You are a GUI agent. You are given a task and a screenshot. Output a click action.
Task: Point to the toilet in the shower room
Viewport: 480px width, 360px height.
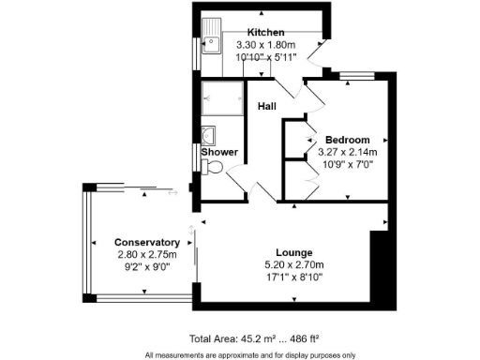(x=212, y=169)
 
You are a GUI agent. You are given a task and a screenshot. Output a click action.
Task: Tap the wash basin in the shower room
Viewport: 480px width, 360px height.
(x=208, y=133)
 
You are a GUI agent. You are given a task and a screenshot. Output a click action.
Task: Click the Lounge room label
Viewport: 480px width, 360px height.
(x=293, y=253)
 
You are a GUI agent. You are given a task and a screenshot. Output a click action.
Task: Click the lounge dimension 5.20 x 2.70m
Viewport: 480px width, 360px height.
(x=293, y=265)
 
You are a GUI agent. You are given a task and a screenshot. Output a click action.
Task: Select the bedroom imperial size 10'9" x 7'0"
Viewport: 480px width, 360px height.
(x=347, y=163)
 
